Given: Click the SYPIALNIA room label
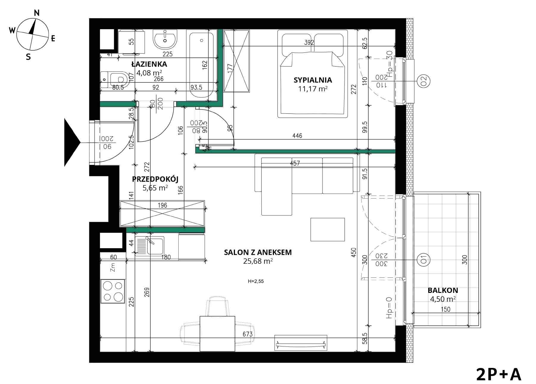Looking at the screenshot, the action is (313, 80).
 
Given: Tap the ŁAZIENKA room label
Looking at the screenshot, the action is (149, 64).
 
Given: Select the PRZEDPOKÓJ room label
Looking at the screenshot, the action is (155, 179).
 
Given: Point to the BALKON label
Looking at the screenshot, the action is (443, 290).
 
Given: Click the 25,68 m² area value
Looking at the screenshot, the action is (258, 261).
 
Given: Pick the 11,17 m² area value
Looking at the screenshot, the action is (313, 89).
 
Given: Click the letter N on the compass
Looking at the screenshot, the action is (37, 13).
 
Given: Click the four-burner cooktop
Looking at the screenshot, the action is (113, 291).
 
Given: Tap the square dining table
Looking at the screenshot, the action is (217, 334).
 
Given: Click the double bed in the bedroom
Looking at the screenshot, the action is (313, 74).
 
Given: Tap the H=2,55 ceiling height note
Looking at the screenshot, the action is (256, 281).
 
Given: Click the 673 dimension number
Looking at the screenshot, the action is (248, 334).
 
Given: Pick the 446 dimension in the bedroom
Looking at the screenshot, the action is (297, 136).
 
